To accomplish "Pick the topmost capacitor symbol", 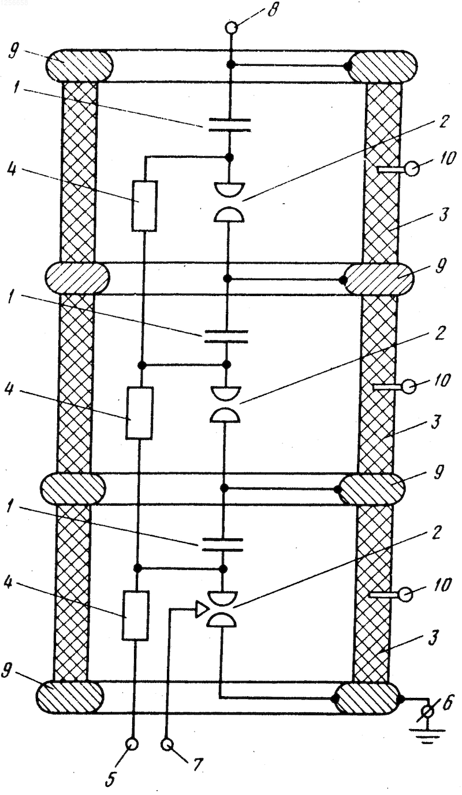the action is coord(230,125).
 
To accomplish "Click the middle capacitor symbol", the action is coord(226,337).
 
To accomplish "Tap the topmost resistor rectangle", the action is coord(144,206).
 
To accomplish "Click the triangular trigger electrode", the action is coord(201,609).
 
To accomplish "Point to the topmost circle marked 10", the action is coord(412,169).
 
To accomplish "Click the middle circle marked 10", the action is coord(409,386).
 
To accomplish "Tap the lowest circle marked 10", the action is coord(405,594).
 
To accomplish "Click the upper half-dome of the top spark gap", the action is coord(229,188).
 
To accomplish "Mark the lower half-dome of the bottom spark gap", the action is coord(221,620).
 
